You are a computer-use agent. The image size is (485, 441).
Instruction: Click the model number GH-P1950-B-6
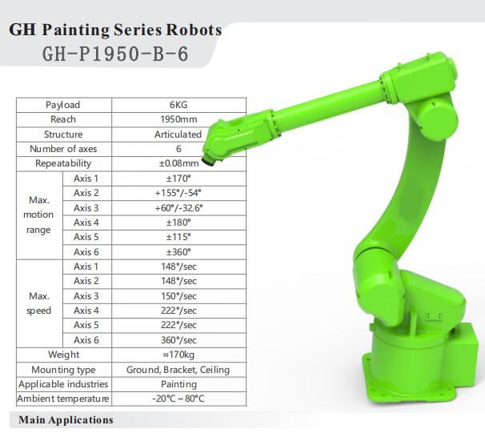(115, 54)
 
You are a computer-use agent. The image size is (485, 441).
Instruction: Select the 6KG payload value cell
(178, 105)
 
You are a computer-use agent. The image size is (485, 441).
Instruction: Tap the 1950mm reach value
(178, 119)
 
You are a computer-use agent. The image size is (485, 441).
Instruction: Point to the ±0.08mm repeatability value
(178, 163)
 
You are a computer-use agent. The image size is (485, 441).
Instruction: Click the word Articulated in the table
(178, 134)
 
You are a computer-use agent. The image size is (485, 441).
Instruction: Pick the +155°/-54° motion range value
(178, 193)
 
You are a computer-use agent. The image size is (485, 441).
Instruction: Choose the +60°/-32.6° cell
(178, 208)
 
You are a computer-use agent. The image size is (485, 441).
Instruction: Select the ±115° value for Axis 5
(178, 237)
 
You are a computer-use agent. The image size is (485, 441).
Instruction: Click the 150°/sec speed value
(178, 296)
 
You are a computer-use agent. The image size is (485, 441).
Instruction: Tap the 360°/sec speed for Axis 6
(178, 340)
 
